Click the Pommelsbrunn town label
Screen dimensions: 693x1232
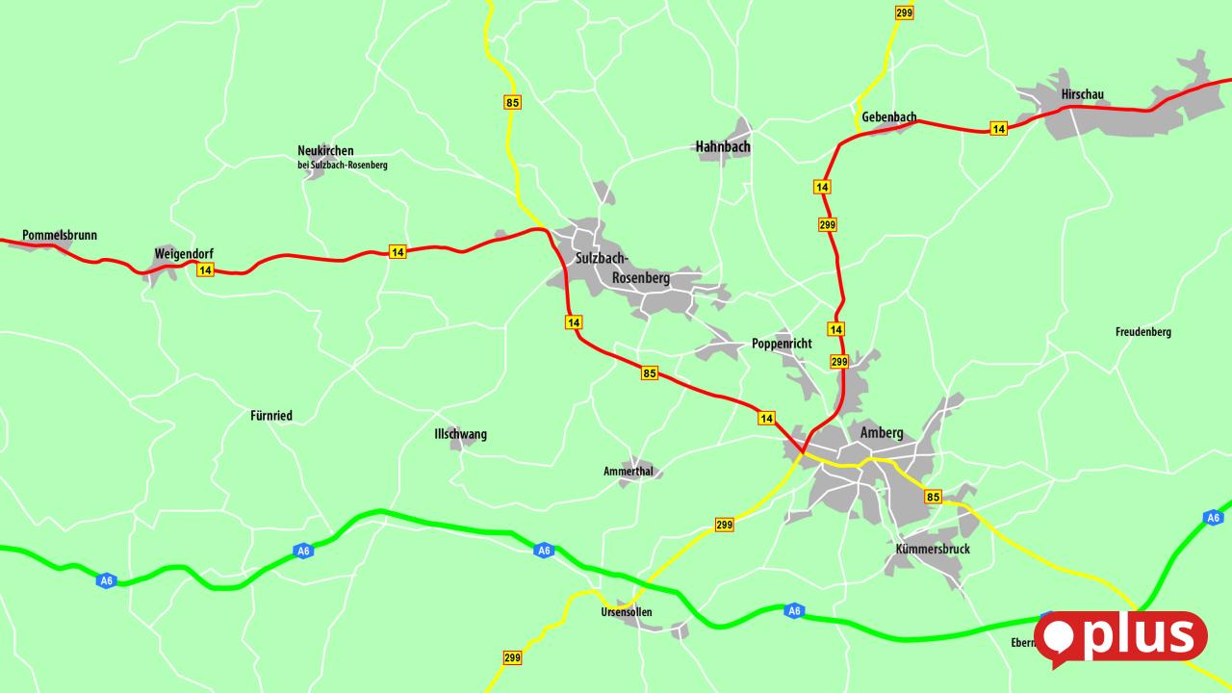[x=60, y=235]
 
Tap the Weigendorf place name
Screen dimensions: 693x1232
[x=184, y=254]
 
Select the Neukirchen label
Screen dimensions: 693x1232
[x=325, y=151]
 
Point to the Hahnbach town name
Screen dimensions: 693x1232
[x=723, y=147]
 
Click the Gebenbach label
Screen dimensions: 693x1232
[x=889, y=117]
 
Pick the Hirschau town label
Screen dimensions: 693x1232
[x=1082, y=94]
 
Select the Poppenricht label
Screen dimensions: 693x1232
[x=782, y=344]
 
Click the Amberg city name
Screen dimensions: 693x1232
[x=882, y=433]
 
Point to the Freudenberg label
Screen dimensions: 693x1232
[x=1143, y=332]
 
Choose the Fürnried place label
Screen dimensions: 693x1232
[x=271, y=416]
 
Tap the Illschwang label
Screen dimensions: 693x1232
[x=460, y=434]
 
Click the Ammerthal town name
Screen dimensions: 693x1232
[x=629, y=471]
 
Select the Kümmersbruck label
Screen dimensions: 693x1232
[x=933, y=549]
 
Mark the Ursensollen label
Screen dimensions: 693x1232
[x=626, y=612]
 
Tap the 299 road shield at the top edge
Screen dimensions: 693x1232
[x=904, y=13]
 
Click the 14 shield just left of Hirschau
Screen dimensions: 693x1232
[x=998, y=129]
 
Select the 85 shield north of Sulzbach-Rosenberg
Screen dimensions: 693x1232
[x=512, y=102]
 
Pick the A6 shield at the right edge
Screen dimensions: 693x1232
[x=1213, y=518]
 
